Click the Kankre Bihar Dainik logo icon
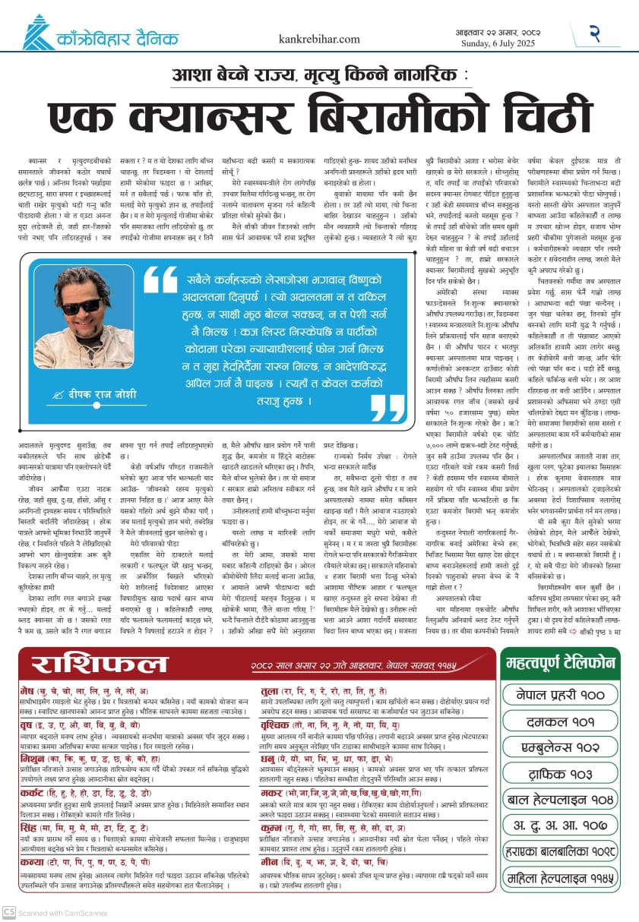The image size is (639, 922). click(x=39, y=32)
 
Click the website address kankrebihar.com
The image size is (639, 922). click(x=319, y=39)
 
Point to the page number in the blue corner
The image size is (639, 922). click(x=596, y=33)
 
